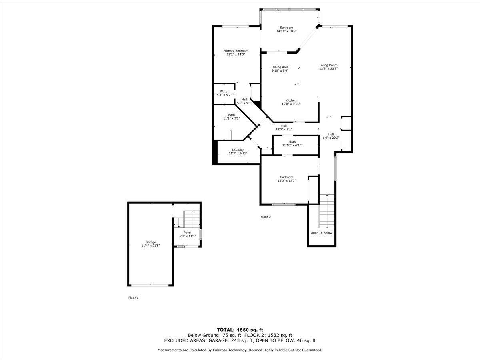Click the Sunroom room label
286,28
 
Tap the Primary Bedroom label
236,51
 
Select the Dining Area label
280,67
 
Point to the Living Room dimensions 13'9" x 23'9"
328,68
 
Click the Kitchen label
291,100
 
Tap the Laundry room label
238,150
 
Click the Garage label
150,242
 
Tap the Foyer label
188,232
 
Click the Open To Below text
321,233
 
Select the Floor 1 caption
133,298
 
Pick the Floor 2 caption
266,217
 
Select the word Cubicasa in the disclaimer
217,350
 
